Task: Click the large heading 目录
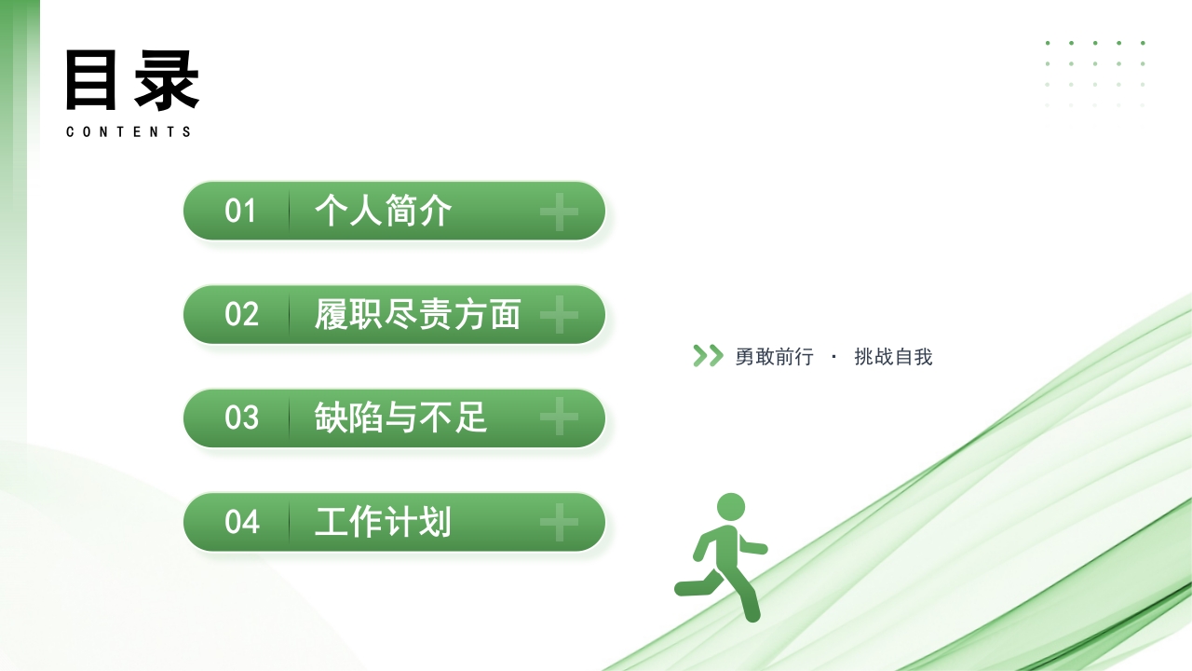[x=132, y=80]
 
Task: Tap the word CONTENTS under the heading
[x=129, y=132]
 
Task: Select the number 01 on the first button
[x=240, y=212]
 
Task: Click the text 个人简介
[x=384, y=212]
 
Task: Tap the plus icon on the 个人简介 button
[x=559, y=212]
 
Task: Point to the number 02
[x=241, y=315]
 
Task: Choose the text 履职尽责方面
[x=417, y=315]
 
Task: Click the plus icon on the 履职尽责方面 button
[x=559, y=316]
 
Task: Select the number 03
[x=241, y=418]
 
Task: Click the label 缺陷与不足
[x=401, y=418]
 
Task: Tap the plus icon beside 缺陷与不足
[x=559, y=418]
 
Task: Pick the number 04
[x=241, y=522]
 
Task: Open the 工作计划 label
[x=383, y=522]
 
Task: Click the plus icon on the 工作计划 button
[x=559, y=522]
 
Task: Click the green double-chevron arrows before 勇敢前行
[x=708, y=356]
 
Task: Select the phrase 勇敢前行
[x=774, y=357]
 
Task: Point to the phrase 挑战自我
[x=893, y=357]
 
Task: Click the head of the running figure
[x=731, y=507]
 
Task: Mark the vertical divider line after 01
[x=289, y=212]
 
